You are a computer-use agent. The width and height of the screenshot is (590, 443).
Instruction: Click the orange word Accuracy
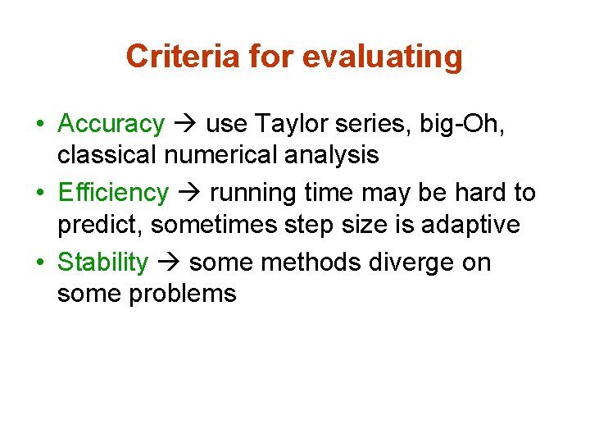(111, 124)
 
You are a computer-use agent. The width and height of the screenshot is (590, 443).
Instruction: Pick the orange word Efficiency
(113, 193)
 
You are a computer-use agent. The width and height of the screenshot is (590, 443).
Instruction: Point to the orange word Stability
(103, 263)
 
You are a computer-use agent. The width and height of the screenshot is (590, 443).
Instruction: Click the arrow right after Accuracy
(184, 125)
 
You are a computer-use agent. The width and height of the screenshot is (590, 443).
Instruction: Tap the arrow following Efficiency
(188, 194)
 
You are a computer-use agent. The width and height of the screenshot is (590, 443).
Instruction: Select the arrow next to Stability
(168, 263)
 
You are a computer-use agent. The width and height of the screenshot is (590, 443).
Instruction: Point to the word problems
(182, 294)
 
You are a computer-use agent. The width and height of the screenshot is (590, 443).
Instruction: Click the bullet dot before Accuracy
(40, 125)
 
